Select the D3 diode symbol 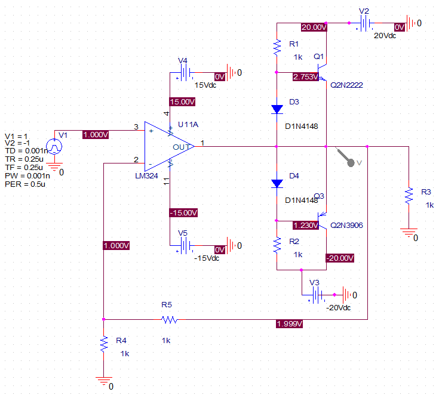tap(277, 109)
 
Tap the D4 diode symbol tap(277, 183)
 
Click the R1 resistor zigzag tap(277, 48)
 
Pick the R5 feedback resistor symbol tap(170, 319)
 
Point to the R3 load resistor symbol tap(409, 196)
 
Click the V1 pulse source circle tap(54, 146)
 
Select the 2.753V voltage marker tap(305, 76)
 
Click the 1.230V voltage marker tap(305, 225)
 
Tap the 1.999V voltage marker tap(289, 324)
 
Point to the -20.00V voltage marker tap(340, 258)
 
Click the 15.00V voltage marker tap(182, 102)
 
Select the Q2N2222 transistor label tap(346, 85)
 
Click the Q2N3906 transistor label tap(346, 226)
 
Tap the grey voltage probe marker tap(346, 158)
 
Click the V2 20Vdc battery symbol tap(364, 23)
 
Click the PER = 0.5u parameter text tap(25, 184)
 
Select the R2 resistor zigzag tap(277, 245)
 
